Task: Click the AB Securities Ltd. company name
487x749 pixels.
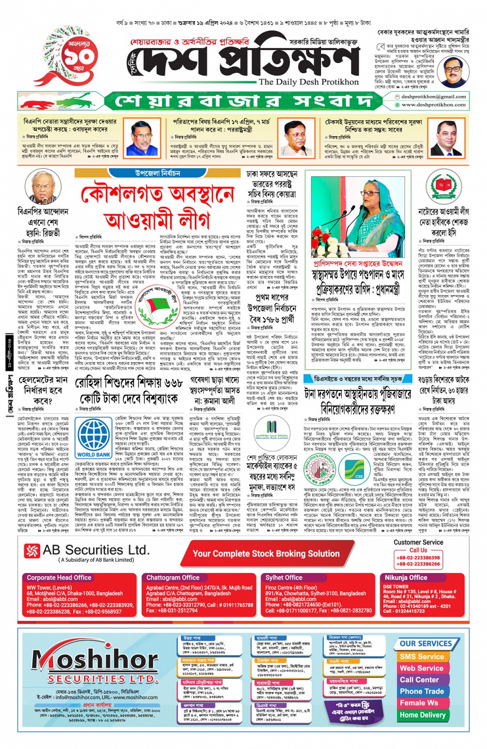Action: click(x=96, y=550)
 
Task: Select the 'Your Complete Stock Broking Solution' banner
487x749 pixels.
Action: click(x=266, y=553)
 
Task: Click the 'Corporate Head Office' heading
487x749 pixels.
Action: click(x=59, y=578)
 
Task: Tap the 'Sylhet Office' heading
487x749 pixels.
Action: click(x=284, y=578)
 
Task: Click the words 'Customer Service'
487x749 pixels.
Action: click(x=418, y=542)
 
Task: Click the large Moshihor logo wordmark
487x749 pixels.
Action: click(x=88, y=659)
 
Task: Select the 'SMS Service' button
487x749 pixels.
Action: click(x=421, y=657)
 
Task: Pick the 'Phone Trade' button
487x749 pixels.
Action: click(x=421, y=691)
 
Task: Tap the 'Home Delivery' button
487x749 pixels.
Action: click(x=422, y=715)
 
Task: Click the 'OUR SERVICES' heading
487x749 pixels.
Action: click(x=425, y=643)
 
